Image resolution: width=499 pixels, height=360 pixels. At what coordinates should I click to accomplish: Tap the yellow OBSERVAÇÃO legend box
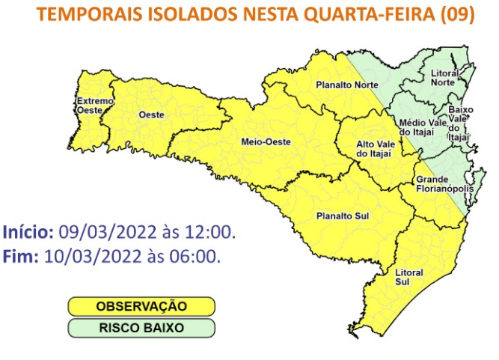141,306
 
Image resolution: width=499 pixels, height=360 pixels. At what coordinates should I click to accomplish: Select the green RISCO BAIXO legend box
141,328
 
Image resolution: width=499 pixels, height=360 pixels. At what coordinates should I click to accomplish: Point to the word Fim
20,257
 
